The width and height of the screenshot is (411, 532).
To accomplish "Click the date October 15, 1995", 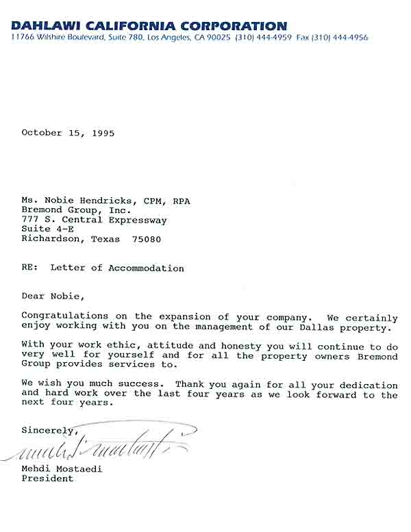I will point(68,133).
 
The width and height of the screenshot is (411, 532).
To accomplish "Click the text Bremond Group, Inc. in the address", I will point(71,210).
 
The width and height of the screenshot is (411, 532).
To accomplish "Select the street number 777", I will point(29,220).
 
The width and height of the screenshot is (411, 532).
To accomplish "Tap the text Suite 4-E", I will point(42,229).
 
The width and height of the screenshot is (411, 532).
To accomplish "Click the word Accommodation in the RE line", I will point(146,268).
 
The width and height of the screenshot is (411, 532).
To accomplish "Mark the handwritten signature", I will point(103,447).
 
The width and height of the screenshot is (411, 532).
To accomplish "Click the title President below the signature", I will point(47,479).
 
